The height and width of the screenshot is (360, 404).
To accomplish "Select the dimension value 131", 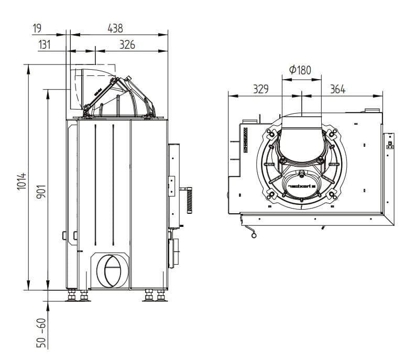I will (x=45, y=45).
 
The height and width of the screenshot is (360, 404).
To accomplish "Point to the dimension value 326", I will (x=127, y=45).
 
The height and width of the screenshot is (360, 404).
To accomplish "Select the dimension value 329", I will (x=260, y=89).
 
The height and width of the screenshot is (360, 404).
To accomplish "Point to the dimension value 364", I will (x=337, y=89).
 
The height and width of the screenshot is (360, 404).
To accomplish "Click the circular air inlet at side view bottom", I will (x=111, y=269).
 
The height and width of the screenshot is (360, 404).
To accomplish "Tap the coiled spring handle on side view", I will (x=189, y=201).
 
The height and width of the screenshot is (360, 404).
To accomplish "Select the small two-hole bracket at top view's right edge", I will (x=389, y=141).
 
